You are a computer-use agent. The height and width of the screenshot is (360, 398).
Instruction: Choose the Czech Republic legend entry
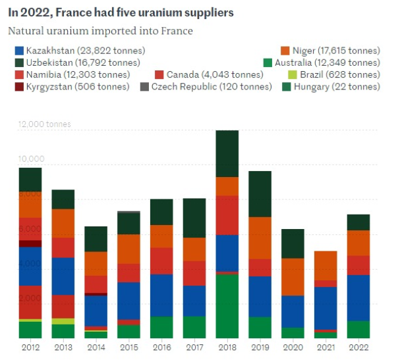[x=193, y=86]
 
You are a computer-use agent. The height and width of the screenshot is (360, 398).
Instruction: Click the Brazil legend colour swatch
[x=285, y=74]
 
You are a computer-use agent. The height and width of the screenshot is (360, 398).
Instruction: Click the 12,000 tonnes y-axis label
[x=45, y=124]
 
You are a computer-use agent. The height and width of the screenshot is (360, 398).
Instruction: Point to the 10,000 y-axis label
[x=30, y=159]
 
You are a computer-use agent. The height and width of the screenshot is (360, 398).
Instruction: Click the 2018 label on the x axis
[x=227, y=348]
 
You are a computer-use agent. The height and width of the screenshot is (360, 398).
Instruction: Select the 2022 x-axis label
[x=358, y=348]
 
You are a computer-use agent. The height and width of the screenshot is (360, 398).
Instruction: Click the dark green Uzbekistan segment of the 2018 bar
[x=227, y=153]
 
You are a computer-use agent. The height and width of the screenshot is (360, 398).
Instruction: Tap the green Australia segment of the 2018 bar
[x=227, y=306]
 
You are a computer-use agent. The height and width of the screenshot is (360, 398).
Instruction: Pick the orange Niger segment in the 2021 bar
[x=326, y=265]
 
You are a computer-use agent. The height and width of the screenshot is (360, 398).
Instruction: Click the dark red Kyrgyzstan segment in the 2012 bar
[x=30, y=244]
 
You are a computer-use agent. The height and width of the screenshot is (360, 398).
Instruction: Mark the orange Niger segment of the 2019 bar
[x=260, y=238]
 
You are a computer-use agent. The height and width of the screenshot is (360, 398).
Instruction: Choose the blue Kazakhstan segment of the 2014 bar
[x=96, y=311]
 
